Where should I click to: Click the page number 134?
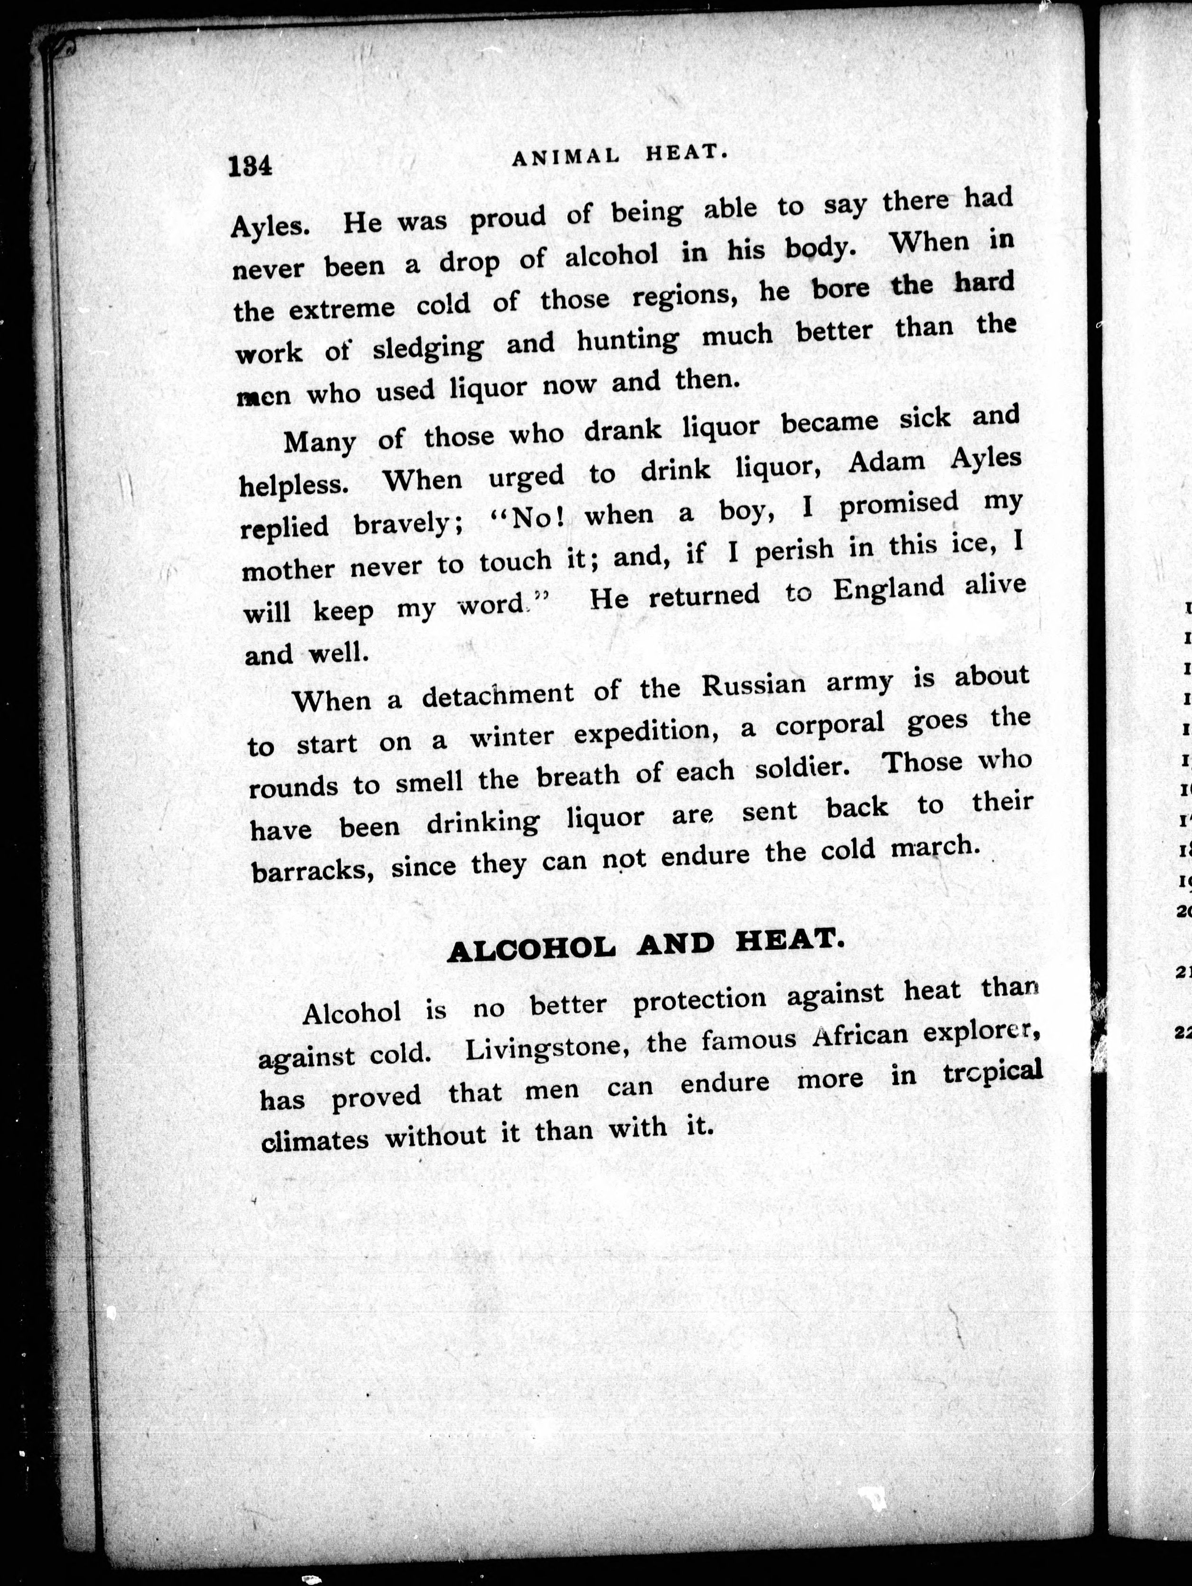point(250,167)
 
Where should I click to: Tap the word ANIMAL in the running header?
point(566,159)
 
